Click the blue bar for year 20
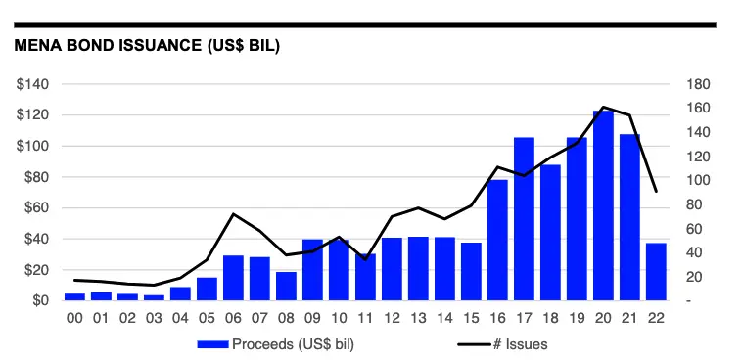tap(603, 205)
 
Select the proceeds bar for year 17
tap(524, 218)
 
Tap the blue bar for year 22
tap(656, 272)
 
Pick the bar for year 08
tap(286, 286)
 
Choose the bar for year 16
tap(497, 240)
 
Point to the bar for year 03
tap(154, 297)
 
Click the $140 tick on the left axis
tap(32, 85)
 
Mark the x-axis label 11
tap(365, 318)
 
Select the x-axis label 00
tap(74, 318)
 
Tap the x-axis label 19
tap(577, 318)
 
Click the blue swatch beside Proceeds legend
tap(213, 344)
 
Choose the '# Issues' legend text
tap(521, 344)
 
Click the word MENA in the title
tap(36, 45)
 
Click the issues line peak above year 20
tap(603, 107)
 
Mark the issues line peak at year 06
tap(233, 214)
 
